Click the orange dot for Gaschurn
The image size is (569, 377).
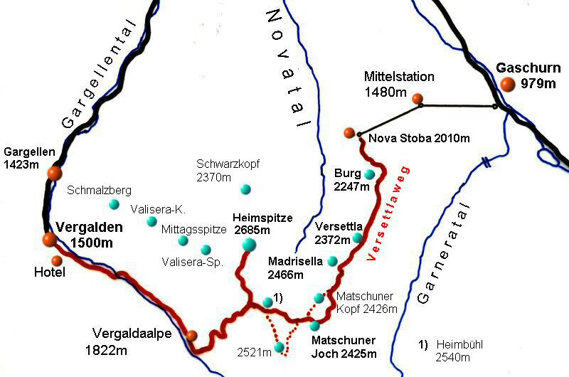point(507,85)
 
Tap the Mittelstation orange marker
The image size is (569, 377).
point(418,99)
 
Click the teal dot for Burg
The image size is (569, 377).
point(369,174)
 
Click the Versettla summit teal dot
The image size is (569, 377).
point(358,238)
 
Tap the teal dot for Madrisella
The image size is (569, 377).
point(331,262)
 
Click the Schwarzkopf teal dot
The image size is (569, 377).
point(245,189)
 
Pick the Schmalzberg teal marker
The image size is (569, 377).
point(114,205)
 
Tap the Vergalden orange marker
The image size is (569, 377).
point(49,240)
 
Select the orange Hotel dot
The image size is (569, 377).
point(56,260)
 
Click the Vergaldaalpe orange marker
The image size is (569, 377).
point(191,336)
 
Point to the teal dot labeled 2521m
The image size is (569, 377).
point(280,346)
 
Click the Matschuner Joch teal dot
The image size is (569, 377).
point(314,326)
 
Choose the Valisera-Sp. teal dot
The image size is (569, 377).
point(206,250)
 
